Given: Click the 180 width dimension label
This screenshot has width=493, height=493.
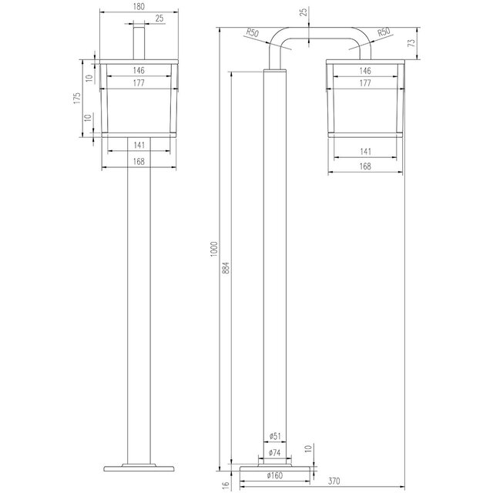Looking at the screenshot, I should [x=139, y=7].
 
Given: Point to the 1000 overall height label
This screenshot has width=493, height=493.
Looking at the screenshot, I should [x=215, y=249].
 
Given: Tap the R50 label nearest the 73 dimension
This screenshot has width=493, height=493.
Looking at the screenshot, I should [x=383, y=34].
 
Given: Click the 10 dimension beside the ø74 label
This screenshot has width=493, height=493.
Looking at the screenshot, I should [x=309, y=448].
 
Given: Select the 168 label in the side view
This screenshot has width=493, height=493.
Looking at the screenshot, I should [x=364, y=166].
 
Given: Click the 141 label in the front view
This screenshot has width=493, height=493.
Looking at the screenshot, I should [x=139, y=144].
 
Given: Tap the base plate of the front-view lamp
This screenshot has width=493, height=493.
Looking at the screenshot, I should [x=139, y=467].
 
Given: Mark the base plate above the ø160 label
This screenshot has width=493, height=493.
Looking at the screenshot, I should [x=274, y=467].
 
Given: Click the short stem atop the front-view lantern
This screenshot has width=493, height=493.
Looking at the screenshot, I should [x=139, y=42].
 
